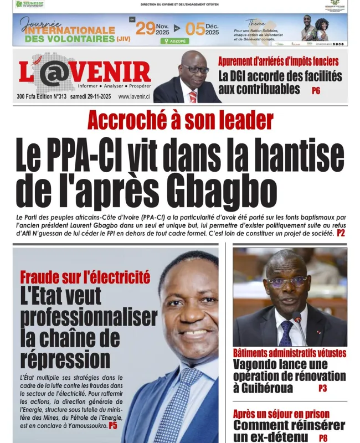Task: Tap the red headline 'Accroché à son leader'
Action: pyautogui.click(x=180, y=120)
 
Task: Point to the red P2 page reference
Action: pyautogui.click(x=341, y=233)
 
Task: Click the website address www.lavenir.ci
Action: pyautogui.click(x=134, y=96)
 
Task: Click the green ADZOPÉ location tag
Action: pyautogui.click(x=174, y=40)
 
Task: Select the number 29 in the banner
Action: pyautogui.click(x=145, y=29)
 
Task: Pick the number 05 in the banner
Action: pyautogui.click(x=195, y=29)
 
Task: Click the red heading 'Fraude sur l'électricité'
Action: pyautogui.click(x=85, y=277)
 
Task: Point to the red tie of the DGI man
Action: pyautogui.click(x=193, y=96)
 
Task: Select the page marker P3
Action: pyautogui.click(x=322, y=389)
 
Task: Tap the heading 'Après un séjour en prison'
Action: pyautogui.click(x=281, y=414)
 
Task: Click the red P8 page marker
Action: pyautogui.click(x=323, y=437)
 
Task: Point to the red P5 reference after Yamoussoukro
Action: pyautogui.click(x=112, y=425)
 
